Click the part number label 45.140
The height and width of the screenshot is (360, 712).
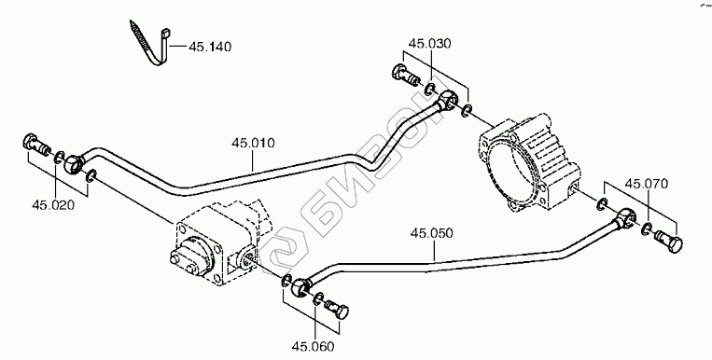coord(210,47)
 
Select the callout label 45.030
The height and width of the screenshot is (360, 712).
coord(430,44)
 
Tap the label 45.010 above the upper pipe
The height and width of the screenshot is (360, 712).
coord(253,143)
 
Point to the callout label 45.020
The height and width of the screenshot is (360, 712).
coord(53,205)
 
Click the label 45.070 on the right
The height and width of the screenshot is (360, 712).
coord(647,184)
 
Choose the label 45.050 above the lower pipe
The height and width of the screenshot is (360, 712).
coord(432,233)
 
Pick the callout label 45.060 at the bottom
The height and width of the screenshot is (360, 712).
coord(313,347)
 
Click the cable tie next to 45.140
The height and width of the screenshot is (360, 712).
coord(149,44)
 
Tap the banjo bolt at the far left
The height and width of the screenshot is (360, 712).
coord(36,144)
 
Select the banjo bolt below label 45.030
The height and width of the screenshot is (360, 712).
coord(405,76)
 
